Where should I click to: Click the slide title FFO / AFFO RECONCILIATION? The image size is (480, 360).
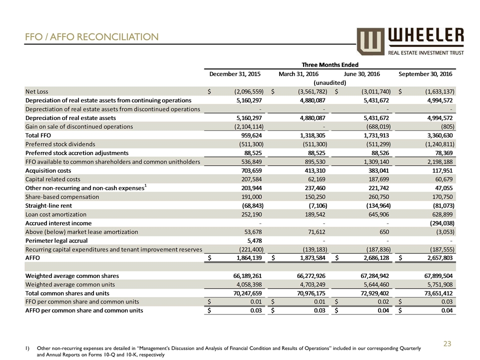click(92, 37)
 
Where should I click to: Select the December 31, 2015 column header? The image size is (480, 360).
click(234, 74)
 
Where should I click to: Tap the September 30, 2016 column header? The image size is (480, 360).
click(425, 74)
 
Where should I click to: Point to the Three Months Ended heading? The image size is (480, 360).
click(330, 64)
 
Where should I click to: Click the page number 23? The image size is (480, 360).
click(447, 343)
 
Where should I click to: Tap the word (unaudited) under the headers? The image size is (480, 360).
click(329, 82)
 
